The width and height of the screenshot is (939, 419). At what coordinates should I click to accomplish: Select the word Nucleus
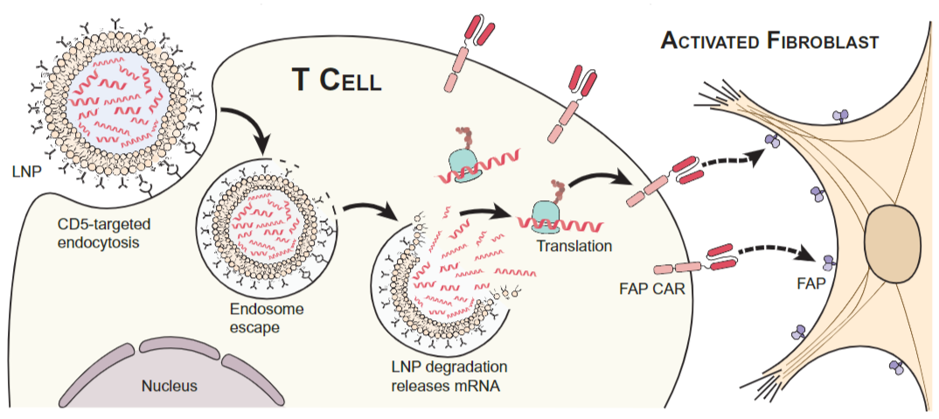coord(170,385)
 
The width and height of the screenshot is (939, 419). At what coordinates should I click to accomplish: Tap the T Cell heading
coord(337,80)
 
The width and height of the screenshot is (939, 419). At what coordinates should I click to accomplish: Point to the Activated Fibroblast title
coord(769,40)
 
